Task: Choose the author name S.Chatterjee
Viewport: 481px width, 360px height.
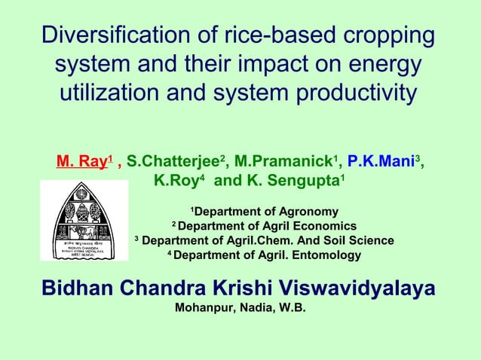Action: click(174, 160)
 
